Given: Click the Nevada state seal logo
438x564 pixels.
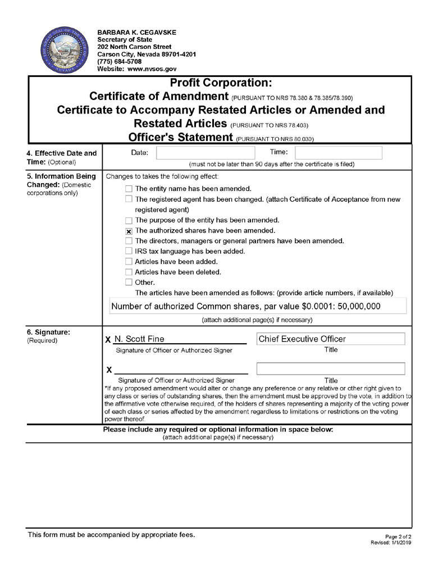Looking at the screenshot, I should pos(61,49).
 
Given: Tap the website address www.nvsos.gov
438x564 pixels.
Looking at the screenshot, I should pos(152,69).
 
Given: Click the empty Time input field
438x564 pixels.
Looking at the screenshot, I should pos(338,152).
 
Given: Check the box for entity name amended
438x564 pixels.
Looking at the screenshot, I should pos(129,189).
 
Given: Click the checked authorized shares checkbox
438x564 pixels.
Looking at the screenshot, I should pos(129,231).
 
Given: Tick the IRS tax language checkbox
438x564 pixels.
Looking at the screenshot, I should pos(129,251).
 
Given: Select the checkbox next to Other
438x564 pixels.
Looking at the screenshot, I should pos(129,282).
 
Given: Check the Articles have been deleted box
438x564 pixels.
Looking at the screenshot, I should pos(129,272).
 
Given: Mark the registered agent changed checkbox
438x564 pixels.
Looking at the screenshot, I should pos(129,199).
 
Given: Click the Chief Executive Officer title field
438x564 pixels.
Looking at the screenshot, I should pos(330,339).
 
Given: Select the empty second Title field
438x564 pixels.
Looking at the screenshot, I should pos(330,369).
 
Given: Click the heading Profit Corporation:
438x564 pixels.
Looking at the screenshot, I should pos(220,83).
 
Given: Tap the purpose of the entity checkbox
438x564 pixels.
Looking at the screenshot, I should pos(129,220).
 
